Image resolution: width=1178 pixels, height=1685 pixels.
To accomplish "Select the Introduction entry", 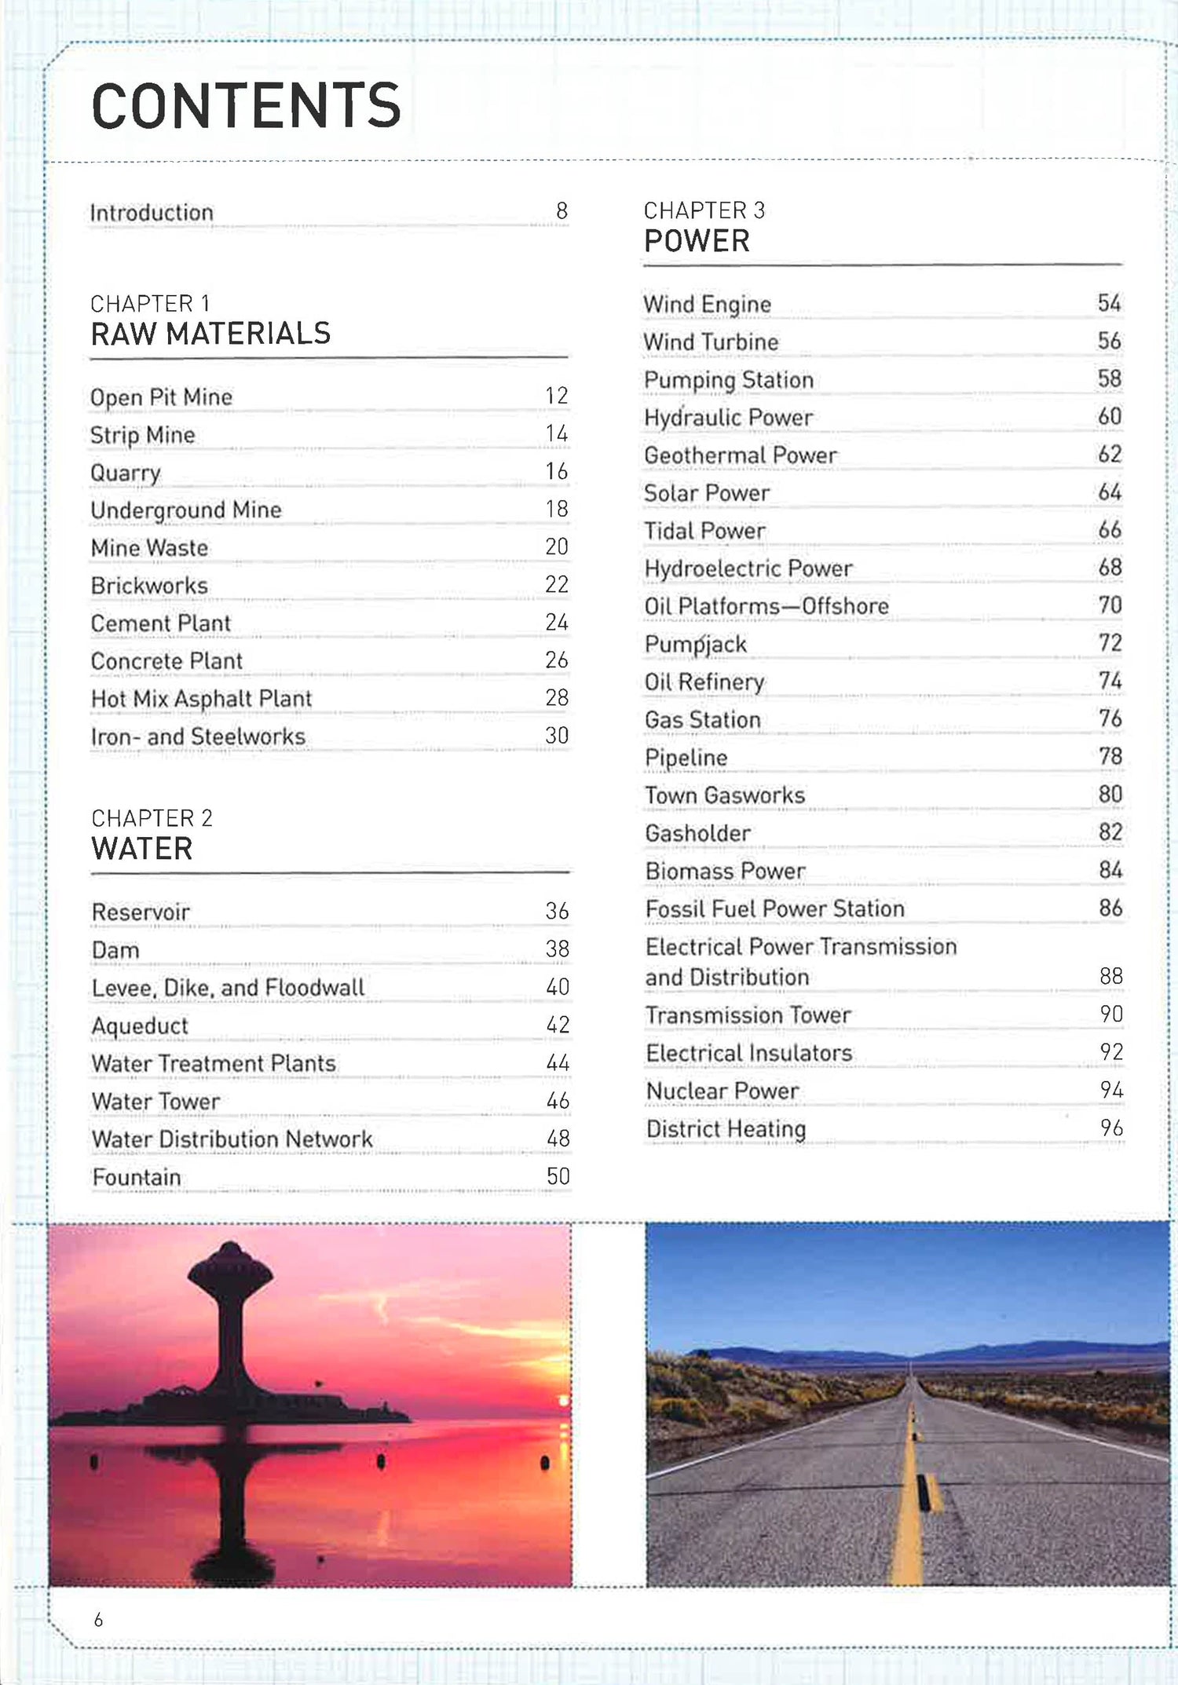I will (x=152, y=213).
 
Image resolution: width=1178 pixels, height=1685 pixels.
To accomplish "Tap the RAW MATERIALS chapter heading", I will (x=210, y=334).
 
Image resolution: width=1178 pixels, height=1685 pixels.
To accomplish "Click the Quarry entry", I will (x=126, y=473).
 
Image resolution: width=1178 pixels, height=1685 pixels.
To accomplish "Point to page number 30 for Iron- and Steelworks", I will (x=556, y=736).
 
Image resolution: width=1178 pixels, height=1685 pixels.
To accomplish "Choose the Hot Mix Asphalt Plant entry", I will (x=201, y=699).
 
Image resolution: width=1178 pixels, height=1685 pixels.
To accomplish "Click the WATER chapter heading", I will (x=142, y=849).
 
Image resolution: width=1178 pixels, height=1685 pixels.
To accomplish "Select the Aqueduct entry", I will (x=140, y=1026).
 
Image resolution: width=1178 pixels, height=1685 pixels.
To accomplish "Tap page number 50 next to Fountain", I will (x=558, y=1176).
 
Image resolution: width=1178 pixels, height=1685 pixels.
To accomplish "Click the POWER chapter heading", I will (x=697, y=241).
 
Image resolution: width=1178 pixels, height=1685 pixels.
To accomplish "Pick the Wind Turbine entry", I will (x=711, y=342).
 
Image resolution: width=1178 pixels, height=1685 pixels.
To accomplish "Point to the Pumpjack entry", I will (x=695, y=645).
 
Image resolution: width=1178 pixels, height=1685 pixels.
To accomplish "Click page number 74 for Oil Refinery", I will (x=1110, y=681).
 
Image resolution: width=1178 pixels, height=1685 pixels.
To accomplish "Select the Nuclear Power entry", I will (x=722, y=1091).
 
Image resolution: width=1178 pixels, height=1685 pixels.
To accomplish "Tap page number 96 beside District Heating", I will (x=1111, y=1128).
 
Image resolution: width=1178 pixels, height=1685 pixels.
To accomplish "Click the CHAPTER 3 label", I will (x=704, y=210).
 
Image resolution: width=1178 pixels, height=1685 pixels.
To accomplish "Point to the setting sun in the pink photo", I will (x=562, y=1401).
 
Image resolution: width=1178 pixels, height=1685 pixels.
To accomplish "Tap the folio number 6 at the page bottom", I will (x=98, y=1619).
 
